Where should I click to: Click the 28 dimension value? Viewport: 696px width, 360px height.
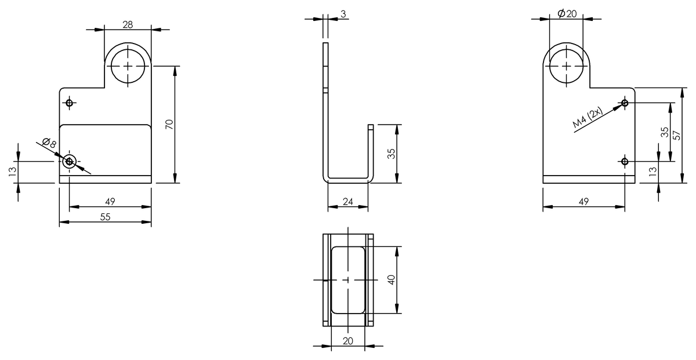pos(128,24)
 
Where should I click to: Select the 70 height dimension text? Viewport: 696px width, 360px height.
pos(169,124)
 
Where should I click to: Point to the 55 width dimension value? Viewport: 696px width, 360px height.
pos(105,216)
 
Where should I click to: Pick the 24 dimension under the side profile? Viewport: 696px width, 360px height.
pos(348,202)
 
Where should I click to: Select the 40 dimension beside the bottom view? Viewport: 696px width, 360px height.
pos(391,279)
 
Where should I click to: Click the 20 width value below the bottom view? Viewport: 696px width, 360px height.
pos(348,341)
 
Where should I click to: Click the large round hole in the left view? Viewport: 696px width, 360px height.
pos(128,66)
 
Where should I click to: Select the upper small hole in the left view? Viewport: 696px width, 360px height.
pos(70,103)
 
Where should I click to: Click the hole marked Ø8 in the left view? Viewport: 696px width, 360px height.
pos(70,162)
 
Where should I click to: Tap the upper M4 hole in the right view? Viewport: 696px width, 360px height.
pos(625,103)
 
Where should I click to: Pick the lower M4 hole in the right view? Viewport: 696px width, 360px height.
pos(625,161)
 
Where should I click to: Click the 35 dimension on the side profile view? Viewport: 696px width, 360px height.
pos(391,154)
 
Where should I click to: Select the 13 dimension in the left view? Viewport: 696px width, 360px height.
pos(13,172)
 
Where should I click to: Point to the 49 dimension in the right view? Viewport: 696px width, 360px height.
pos(583,202)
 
